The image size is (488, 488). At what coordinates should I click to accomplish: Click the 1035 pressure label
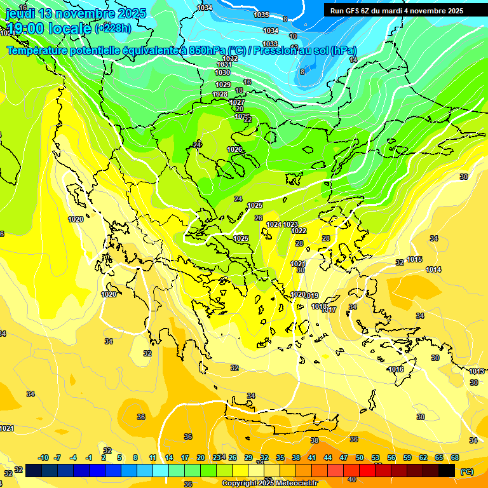[261, 15]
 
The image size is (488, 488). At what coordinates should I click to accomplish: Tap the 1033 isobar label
[270, 44]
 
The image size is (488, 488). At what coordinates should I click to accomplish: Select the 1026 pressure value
[234, 149]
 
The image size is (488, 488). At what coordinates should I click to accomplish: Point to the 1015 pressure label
[415, 259]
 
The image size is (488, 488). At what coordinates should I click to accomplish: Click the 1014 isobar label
[433, 269]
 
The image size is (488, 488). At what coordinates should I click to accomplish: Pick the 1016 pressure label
[396, 369]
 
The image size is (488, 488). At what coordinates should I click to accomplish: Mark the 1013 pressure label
[477, 371]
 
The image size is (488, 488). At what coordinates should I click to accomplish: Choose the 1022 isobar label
[299, 231]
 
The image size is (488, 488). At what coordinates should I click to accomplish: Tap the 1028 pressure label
[220, 94]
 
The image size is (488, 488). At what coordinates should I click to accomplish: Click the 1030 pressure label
[222, 72]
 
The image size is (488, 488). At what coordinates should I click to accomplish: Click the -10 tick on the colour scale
[43, 457]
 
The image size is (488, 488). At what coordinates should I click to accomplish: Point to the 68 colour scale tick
[455, 457]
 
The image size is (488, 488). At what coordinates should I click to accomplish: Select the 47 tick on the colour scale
[344, 457]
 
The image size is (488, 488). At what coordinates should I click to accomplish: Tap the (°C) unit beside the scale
[466, 471]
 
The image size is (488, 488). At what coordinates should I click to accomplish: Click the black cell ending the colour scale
[447, 470]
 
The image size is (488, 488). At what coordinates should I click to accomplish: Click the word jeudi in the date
[23, 13]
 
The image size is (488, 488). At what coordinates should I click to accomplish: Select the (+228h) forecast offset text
[113, 28]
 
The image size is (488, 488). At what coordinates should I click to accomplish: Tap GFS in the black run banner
[355, 11]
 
